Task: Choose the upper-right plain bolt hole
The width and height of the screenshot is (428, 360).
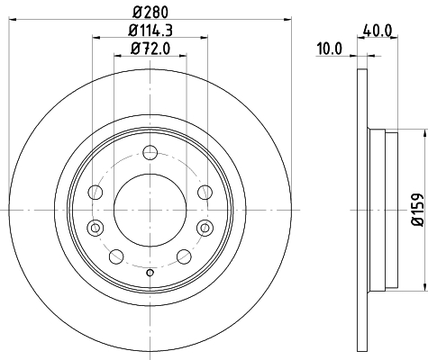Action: coord(205,192)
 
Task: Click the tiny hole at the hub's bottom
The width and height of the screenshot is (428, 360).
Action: coord(150,273)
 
